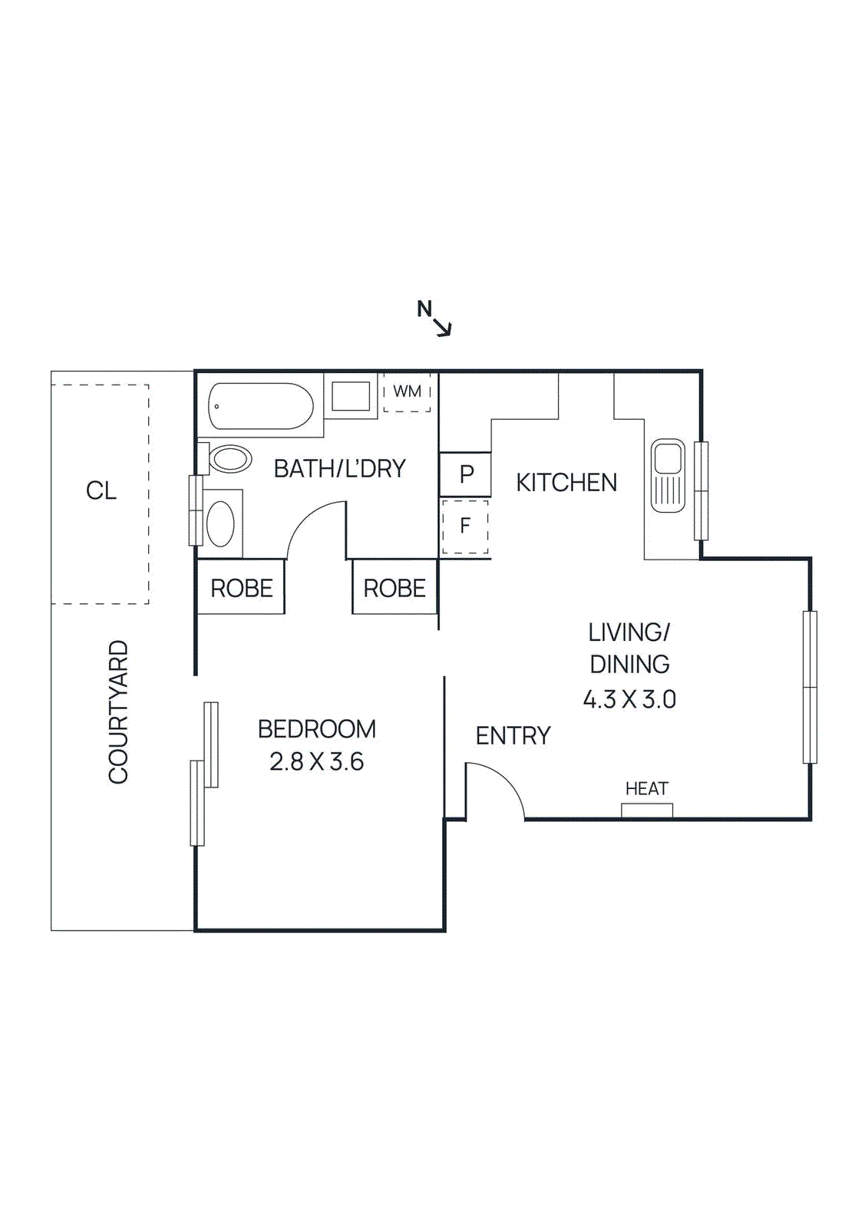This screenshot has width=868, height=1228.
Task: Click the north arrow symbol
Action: (436, 319)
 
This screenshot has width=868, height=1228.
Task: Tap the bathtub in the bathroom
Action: (260, 406)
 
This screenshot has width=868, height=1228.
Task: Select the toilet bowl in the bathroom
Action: (230, 460)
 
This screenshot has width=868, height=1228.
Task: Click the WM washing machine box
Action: (407, 392)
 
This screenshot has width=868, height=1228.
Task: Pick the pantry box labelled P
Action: (465, 474)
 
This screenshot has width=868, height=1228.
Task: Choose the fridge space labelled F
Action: (465, 527)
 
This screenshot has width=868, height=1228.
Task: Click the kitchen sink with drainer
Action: (668, 476)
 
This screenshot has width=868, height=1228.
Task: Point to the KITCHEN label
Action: (566, 483)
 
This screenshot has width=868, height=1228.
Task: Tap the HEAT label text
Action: (646, 789)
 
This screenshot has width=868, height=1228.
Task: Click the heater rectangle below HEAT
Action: (647, 810)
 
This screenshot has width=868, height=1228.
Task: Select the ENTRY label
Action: (513, 736)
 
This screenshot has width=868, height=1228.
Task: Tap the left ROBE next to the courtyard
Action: (241, 589)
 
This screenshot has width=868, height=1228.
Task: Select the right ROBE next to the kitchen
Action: (394, 589)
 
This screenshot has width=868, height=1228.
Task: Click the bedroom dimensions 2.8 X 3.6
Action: (316, 762)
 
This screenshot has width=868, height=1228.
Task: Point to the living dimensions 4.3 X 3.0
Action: (629, 700)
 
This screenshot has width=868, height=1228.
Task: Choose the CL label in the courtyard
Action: (101, 491)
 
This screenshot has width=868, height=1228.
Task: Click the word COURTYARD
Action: (118, 712)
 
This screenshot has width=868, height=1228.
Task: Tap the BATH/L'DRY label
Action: (339, 469)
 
